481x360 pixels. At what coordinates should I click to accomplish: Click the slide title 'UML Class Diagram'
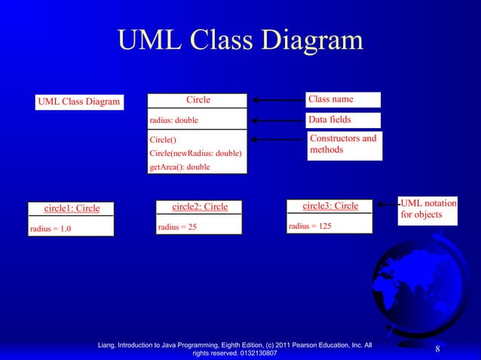[x=240, y=41]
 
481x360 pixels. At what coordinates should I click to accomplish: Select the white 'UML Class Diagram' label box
[x=78, y=102]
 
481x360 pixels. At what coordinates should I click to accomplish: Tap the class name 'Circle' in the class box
[x=198, y=99]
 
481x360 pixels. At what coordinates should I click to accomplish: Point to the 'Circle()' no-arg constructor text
[x=163, y=139]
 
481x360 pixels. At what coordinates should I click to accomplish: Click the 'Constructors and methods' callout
[x=343, y=144]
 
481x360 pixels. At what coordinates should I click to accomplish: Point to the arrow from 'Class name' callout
[x=277, y=99]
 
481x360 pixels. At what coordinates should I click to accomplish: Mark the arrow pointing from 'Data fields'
[x=277, y=120]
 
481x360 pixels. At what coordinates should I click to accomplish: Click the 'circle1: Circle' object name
[x=72, y=209]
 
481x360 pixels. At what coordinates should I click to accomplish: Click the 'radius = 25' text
[x=177, y=227]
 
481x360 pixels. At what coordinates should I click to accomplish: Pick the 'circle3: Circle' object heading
[x=330, y=206]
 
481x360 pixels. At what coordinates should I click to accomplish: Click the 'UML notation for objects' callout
[x=427, y=209]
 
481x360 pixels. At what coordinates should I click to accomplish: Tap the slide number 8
[x=437, y=349]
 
